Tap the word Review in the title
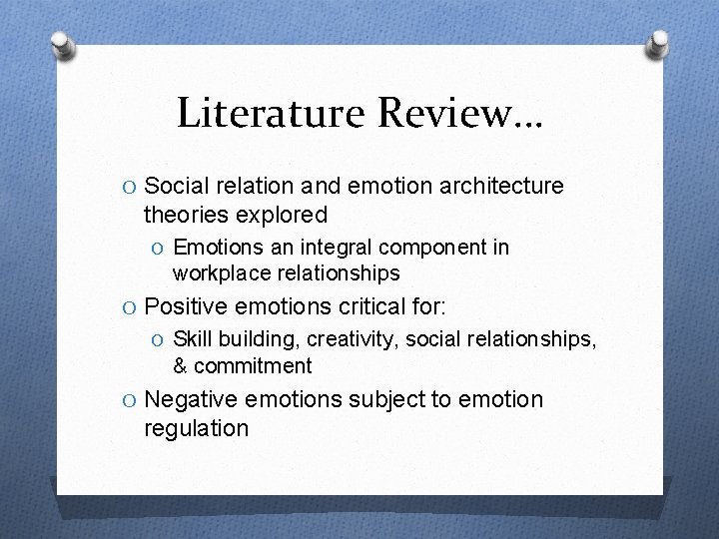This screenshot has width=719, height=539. point(448,114)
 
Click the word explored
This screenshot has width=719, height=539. point(282,215)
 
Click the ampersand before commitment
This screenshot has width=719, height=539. point(181,366)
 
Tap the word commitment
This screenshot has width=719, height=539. point(254,366)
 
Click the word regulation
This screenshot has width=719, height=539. point(196,429)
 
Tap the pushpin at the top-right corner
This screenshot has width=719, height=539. point(658,42)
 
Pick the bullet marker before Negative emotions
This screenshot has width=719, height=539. point(130,401)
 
